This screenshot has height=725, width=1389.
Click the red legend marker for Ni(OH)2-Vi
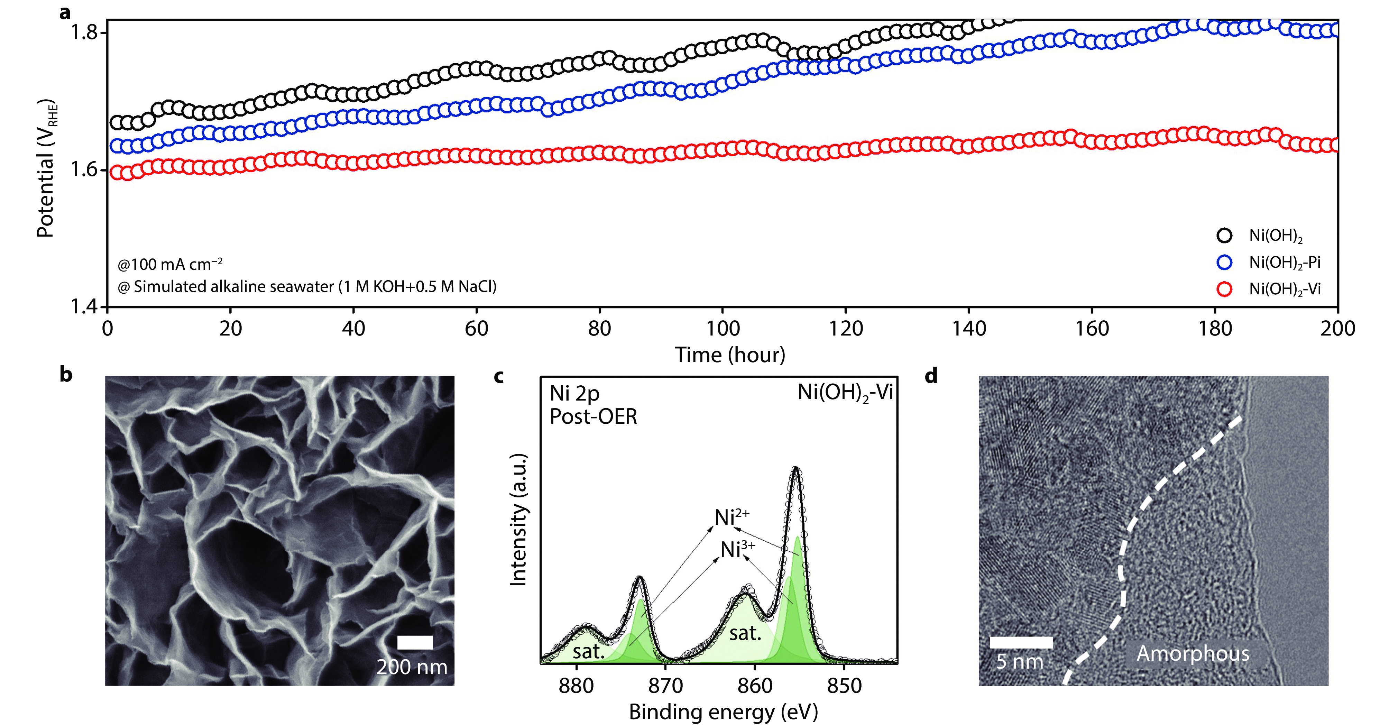1225,289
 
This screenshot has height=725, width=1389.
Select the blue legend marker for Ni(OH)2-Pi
1225,263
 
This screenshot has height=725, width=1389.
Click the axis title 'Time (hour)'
730,355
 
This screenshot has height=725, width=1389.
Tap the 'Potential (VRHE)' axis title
46,168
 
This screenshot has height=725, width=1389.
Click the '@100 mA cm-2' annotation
170,264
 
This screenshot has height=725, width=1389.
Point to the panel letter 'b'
66,374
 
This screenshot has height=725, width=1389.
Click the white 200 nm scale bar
415,642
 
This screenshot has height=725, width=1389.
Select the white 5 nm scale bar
1021,642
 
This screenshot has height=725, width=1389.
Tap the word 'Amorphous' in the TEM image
1193,654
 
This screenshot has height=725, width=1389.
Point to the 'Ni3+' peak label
737,550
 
